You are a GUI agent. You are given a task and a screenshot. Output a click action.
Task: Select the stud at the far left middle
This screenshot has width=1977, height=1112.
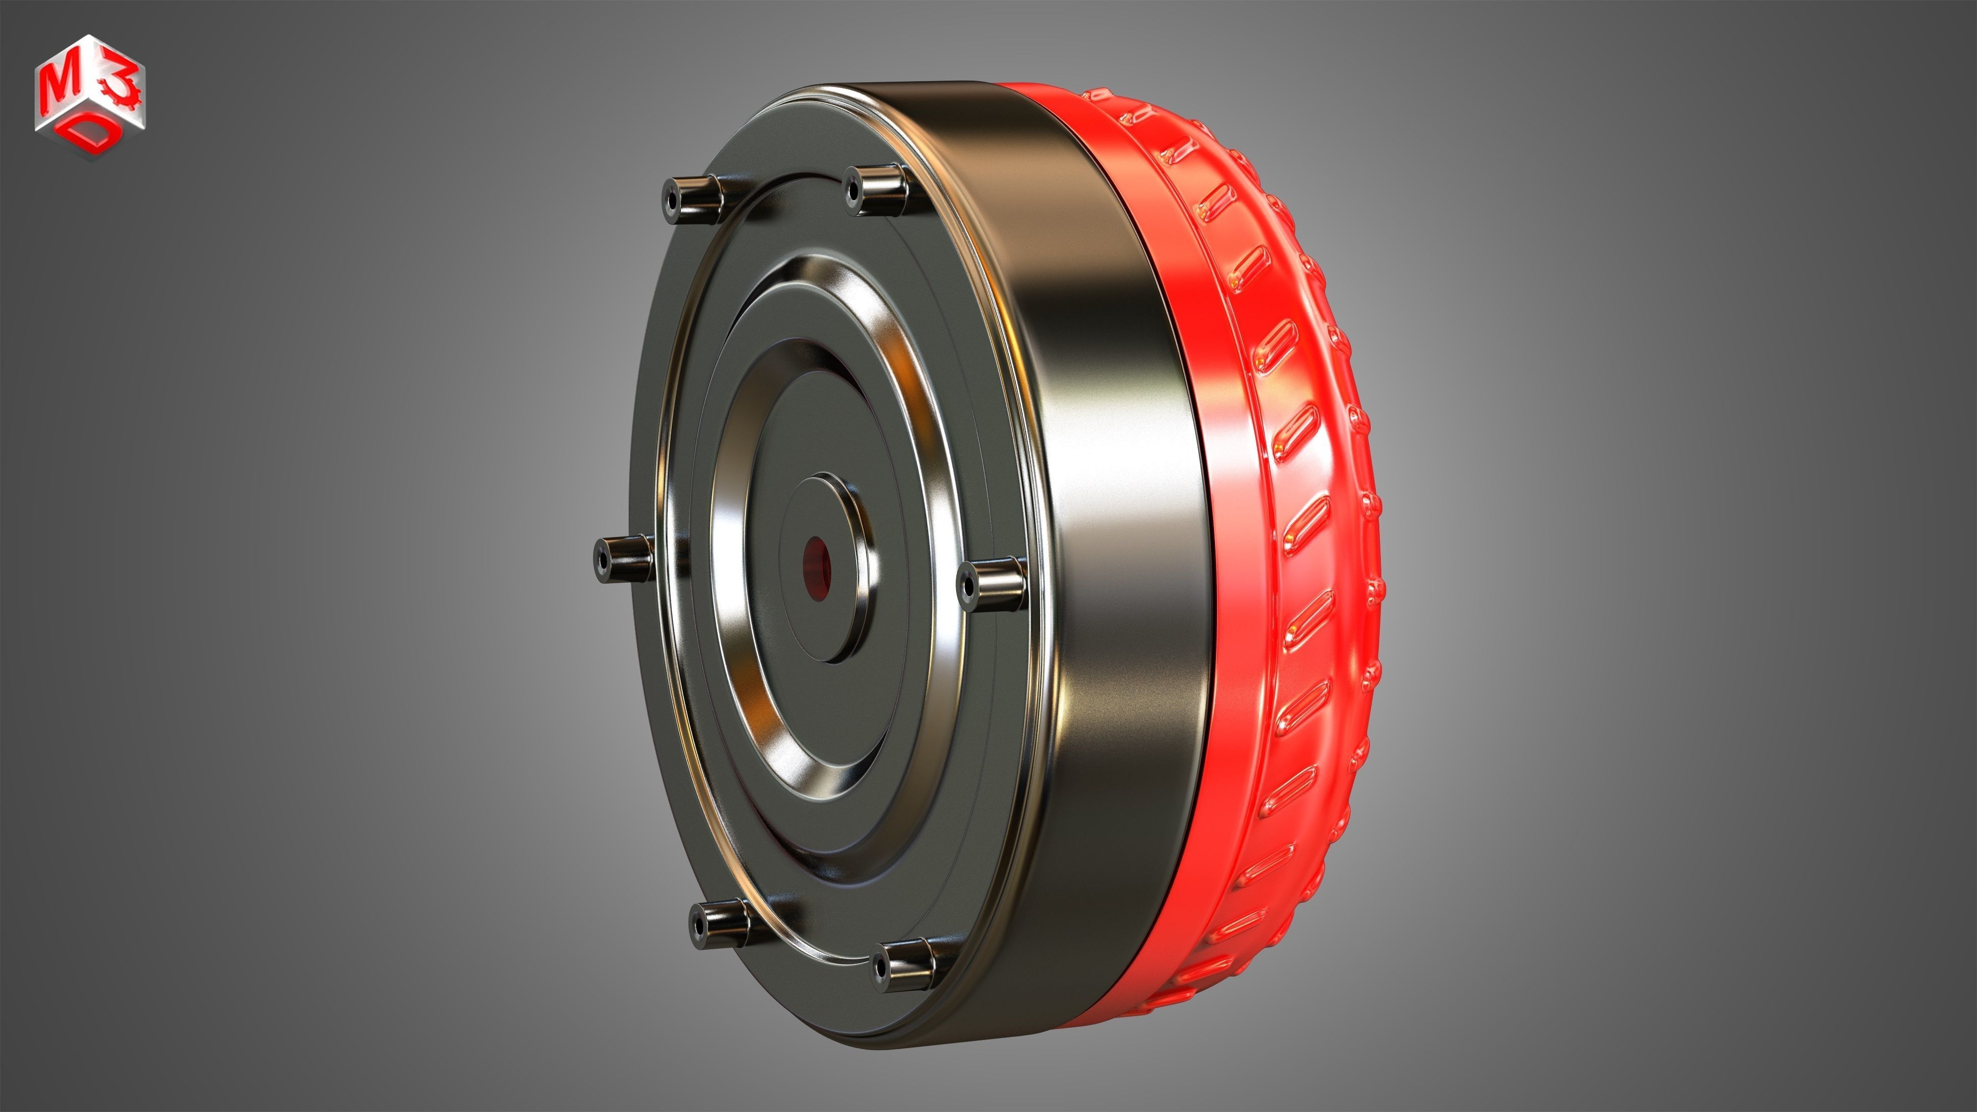pyautogui.click(x=623, y=558)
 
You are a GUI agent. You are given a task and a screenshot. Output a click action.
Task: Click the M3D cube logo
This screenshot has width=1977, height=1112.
pyautogui.click(x=90, y=96)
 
